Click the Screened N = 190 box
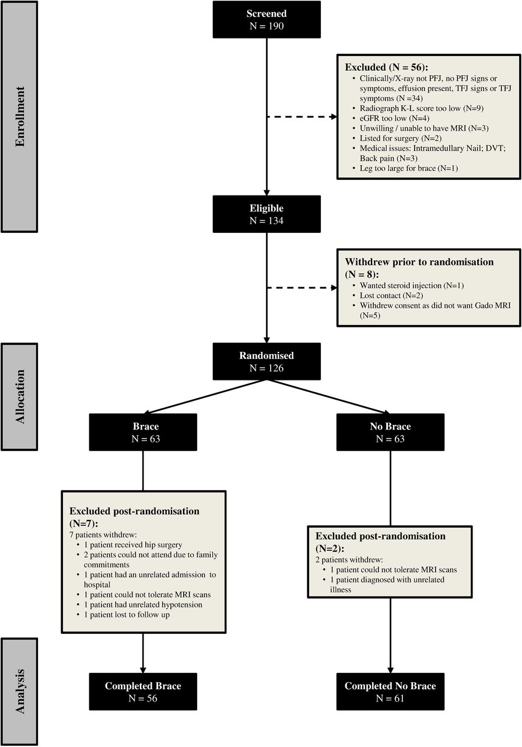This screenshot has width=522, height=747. click(x=267, y=19)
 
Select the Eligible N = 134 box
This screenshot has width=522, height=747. click(x=267, y=214)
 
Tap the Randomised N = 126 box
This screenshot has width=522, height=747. click(x=267, y=361)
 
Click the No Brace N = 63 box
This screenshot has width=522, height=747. click(x=390, y=432)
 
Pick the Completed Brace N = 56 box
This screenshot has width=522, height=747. click(x=143, y=692)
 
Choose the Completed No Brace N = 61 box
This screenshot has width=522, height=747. click(x=390, y=692)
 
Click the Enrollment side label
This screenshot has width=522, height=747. click(x=19, y=117)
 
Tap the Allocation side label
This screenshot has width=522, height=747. click(x=19, y=397)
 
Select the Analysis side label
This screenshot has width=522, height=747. click(x=19, y=692)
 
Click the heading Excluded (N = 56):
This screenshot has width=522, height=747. click(x=386, y=67)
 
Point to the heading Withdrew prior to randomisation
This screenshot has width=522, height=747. click(x=419, y=262)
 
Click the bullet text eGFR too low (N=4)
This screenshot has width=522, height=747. click(x=394, y=118)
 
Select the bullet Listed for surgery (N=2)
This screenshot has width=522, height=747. click(x=400, y=138)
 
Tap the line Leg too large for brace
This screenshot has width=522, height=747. click(x=398, y=168)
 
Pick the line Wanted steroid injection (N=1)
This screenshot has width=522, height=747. click(x=412, y=285)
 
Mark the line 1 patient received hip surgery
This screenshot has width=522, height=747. click(x=133, y=545)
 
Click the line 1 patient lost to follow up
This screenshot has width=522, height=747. click(x=127, y=615)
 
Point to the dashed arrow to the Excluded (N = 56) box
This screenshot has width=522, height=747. click(x=302, y=117)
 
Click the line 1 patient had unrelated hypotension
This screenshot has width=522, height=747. click(x=143, y=605)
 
